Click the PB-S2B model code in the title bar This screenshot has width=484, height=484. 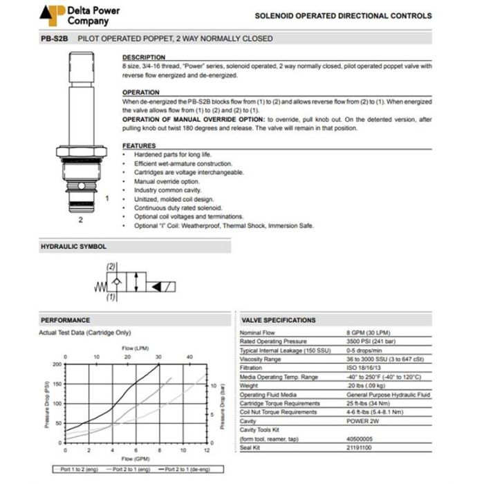54,39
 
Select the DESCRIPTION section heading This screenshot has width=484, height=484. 144,57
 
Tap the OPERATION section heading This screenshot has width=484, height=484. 141,92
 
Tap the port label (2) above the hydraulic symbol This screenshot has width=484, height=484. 111,266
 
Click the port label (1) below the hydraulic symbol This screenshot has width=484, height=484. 111,297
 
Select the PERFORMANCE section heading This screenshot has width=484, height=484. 65,321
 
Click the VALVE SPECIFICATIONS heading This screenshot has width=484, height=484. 278,321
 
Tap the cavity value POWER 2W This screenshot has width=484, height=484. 363,420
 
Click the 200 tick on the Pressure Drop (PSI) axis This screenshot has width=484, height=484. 57,364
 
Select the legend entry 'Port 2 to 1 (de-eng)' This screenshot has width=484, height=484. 194,469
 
